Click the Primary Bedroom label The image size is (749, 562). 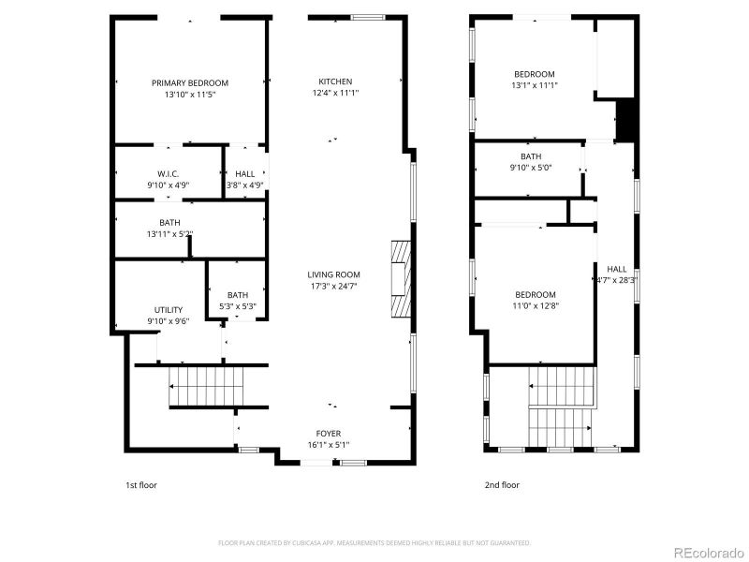(x=190, y=82)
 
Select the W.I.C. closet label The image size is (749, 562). (x=169, y=173)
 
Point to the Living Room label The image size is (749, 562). (x=333, y=274)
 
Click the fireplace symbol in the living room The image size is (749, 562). (x=400, y=280)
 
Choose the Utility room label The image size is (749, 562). (x=169, y=310)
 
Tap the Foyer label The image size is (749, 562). (x=328, y=433)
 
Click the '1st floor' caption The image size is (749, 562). (x=142, y=485)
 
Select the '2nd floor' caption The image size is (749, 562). (x=502, y=485)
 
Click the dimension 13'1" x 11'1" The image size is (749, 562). (x=534, y=85)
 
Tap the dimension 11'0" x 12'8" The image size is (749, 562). (x=534, y=303)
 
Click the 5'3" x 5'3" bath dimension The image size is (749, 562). (x=238, y=305)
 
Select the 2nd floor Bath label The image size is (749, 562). (x=531, y=156)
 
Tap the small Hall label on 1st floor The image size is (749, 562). (x=245, y=173)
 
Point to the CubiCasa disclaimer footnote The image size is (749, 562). (x=374, y=542)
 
